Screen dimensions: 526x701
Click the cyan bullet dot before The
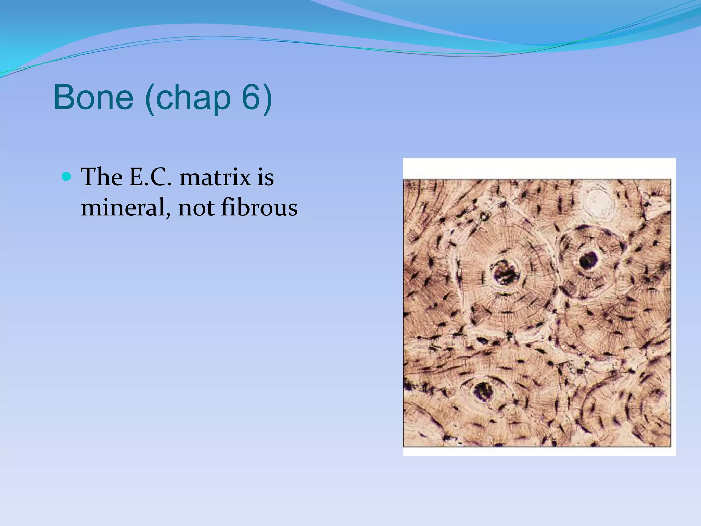(x=66, y=177)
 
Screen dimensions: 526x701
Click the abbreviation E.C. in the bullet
(x=150, y=177)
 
